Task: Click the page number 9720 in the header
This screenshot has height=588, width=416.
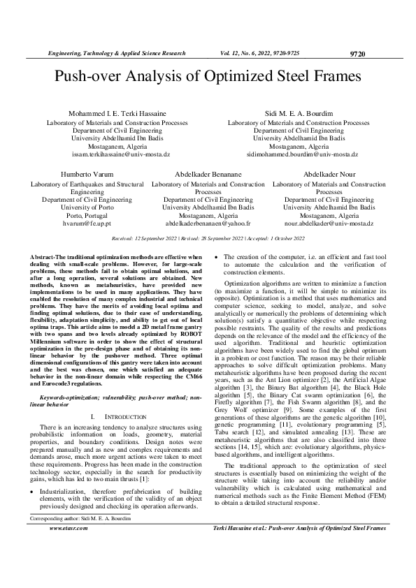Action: click(357, 53)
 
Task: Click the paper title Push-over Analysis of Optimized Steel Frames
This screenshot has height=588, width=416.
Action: click(208, 76)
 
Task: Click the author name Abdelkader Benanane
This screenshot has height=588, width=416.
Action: click(208, 174)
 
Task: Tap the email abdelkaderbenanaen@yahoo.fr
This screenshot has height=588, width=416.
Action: click(208, 223)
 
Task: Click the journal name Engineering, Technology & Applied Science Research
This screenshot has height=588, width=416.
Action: click(116, 53)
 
